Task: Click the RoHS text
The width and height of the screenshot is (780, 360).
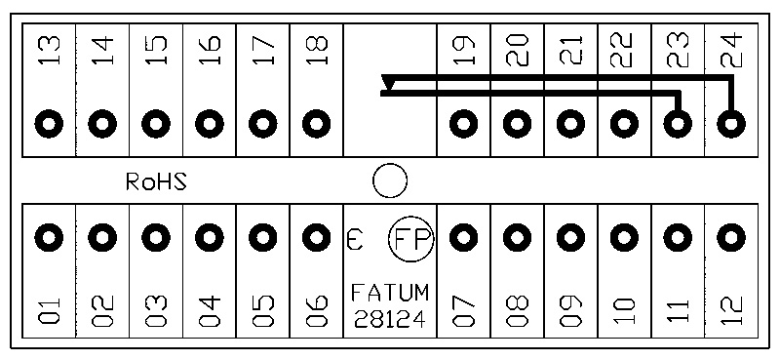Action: [x=156, y=182]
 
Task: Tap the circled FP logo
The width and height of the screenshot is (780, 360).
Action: [x=410, y=240]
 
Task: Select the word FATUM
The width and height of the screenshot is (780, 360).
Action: [x=390, y=293]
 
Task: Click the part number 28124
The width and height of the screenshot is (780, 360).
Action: [x=390, y=319]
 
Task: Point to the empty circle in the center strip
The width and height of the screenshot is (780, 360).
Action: [x=390, y=180]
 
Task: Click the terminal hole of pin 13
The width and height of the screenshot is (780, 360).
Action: [x=49, y=123]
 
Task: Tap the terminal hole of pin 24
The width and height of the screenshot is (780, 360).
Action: [x=731, y=123]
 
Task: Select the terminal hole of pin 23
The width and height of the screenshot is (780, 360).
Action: [x=678, y=123]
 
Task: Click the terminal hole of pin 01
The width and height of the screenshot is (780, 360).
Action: [x=49, y=237]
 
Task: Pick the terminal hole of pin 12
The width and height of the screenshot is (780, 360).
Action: [x=731, y=237]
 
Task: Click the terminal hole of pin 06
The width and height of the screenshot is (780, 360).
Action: [x=316, y=237]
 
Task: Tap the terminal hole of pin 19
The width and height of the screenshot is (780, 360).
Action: [x=464, y=123]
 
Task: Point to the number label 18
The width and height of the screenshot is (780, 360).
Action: [x=316, y=50]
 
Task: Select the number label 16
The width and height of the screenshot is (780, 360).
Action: [x=210, y=50]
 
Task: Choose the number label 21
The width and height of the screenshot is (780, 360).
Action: [x=570, y=50]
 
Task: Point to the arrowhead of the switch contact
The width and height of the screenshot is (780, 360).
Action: [x=387, y=83]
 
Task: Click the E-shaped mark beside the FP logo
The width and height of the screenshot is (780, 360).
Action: [x=354, y=239]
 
